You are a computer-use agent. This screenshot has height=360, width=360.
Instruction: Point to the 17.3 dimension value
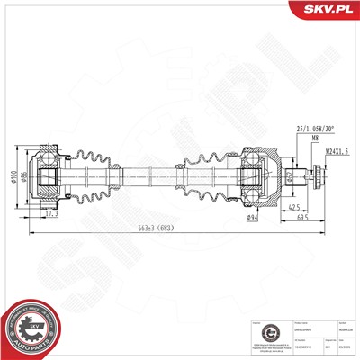point(49,216)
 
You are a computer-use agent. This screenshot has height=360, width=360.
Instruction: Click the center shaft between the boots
point(153,174)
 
